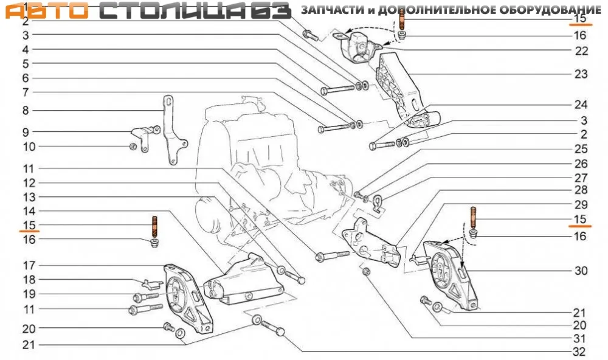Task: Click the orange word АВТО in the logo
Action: [x=47, y=11]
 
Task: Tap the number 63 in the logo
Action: [x=271, y=11]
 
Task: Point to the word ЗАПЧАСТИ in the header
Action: [x=333, y=10]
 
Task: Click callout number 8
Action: [x=26, y=111]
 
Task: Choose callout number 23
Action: [x=581, y=74]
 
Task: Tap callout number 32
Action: [x=579, y=351]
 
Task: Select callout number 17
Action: [x=29, y=265]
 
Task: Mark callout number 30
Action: [x=581, y=271]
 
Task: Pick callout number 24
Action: [x=581, y=105]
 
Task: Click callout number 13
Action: [x=29, y=197]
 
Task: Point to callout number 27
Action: [x=581, y=178]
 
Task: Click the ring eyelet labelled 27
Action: [x=378, y=202]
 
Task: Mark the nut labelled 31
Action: [x=366, y=272]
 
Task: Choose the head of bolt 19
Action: [x=137, y=298]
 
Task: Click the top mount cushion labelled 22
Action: [x=359, y=47]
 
